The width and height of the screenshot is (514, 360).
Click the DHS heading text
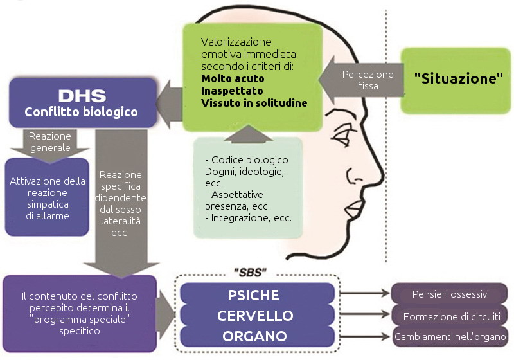[x=82, y=96]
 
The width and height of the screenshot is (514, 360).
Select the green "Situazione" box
[x=457, y=78]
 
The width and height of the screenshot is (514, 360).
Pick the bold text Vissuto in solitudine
[x=254, y=103]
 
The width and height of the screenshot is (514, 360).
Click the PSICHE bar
[x=253, y=295]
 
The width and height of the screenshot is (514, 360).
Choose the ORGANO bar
[x=253, y=336]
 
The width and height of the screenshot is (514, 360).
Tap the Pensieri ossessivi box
[x=450, y=295]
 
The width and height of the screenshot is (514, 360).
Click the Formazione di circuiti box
[x=450, y=316]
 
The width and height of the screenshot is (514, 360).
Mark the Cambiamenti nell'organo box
[x=450, y=337]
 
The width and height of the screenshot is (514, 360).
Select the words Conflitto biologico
[x=82, y=113]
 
